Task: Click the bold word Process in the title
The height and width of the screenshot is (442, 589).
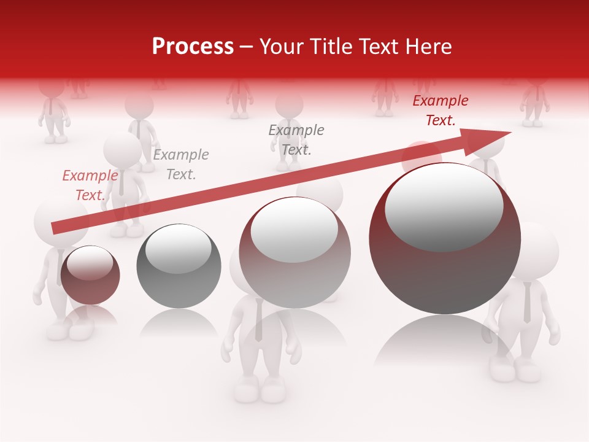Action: [193, 46]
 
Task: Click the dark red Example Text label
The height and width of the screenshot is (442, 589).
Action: [440, 110]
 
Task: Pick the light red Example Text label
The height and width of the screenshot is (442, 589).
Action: [90, 185]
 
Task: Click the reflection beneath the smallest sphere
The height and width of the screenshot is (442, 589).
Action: [91, 314]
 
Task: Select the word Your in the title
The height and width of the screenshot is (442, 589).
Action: [280, 46]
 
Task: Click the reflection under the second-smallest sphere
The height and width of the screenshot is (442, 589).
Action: [178, 322]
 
